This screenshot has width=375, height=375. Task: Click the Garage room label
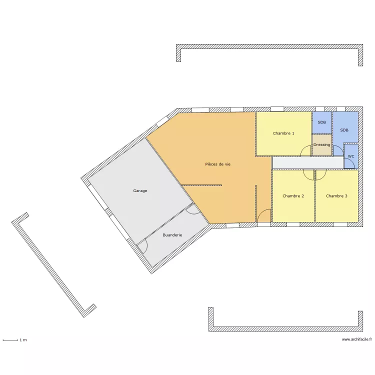pos(140,190)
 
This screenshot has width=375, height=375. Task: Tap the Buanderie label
pos(172,234)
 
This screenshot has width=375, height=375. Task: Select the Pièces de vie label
pos(218,164)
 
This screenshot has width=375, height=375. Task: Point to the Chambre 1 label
pos(283,133)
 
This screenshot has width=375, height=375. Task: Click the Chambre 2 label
pos(293,196)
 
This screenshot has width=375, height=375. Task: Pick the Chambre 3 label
pos(336,196)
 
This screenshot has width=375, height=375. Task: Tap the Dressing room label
pos(321,145)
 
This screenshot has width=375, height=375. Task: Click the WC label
pos(351,156)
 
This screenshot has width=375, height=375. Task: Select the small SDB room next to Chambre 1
pos(322,122)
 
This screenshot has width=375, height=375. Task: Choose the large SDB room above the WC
pos(344,130)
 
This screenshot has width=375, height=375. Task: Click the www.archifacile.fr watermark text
pos(357,339)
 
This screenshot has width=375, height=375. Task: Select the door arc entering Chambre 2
pos(308,174)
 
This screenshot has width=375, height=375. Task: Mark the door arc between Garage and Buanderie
pos(191,210)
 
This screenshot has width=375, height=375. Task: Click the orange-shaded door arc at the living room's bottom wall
pos(264,216)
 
